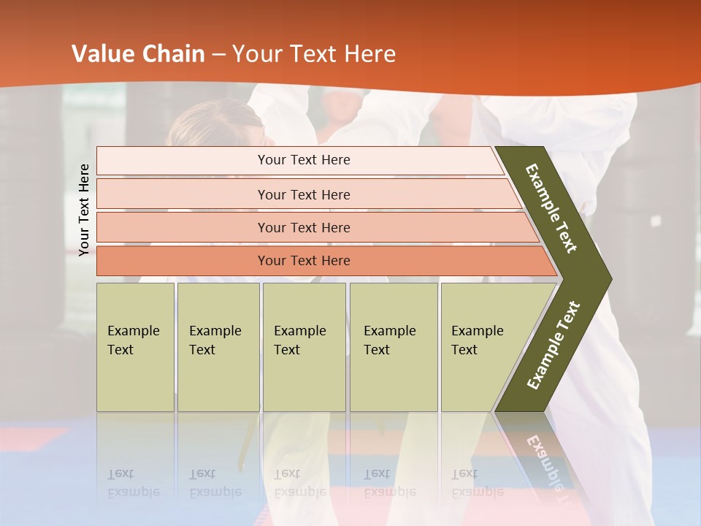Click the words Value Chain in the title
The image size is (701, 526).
click(x=138, y=54)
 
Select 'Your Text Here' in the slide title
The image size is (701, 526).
click(x=314, y=54)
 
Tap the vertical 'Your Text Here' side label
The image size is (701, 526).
click(x=84, y=210)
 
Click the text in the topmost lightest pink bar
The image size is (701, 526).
click(x=304, y=160)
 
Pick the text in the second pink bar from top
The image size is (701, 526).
click(x=304, y=194)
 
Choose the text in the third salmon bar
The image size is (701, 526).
click(x=304, y=227)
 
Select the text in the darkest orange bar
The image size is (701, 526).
click(x=304, y=261)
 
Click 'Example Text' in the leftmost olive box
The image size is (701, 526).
click(x=133, y=340)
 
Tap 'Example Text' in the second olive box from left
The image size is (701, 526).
click(x=215, y=340)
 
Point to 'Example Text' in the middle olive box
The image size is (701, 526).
click(x=299, y=340)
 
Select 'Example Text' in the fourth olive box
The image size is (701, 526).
click(x=389, y=340)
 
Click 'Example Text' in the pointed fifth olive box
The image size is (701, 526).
click(x=477, y=340)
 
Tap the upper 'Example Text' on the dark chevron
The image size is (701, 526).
click(x=551, y=208)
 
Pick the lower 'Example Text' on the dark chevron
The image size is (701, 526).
click(x=553, y=346)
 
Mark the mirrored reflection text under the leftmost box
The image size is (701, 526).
click(x=133, y=483)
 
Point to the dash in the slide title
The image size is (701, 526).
click(x=218, y=55)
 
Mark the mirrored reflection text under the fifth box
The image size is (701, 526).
click(x=477, y=483)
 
